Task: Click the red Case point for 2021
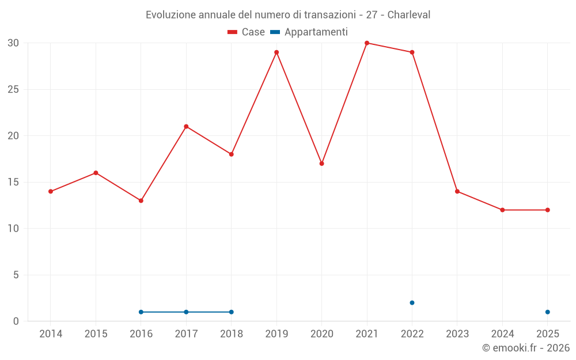point(367,43)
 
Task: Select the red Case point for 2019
point(276,52)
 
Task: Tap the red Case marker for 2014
point(51,191)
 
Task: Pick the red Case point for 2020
point(322,164)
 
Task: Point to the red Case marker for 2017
point(186,127)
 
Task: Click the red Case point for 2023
point(457,191)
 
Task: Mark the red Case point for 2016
point(141,200)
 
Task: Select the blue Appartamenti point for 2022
point(412,303)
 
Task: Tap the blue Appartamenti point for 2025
point(548,312)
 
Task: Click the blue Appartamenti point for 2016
point(141,312)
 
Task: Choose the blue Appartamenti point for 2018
point(232,312)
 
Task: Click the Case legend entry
point(247,32)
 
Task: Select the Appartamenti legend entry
point(309,32)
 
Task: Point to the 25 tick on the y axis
point(13,90)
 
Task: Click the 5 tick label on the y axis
point(16,275)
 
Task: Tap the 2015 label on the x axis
point(96,334)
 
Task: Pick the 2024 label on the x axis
point(502,334)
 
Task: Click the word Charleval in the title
point(408,15)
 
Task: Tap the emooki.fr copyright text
point(525,348)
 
